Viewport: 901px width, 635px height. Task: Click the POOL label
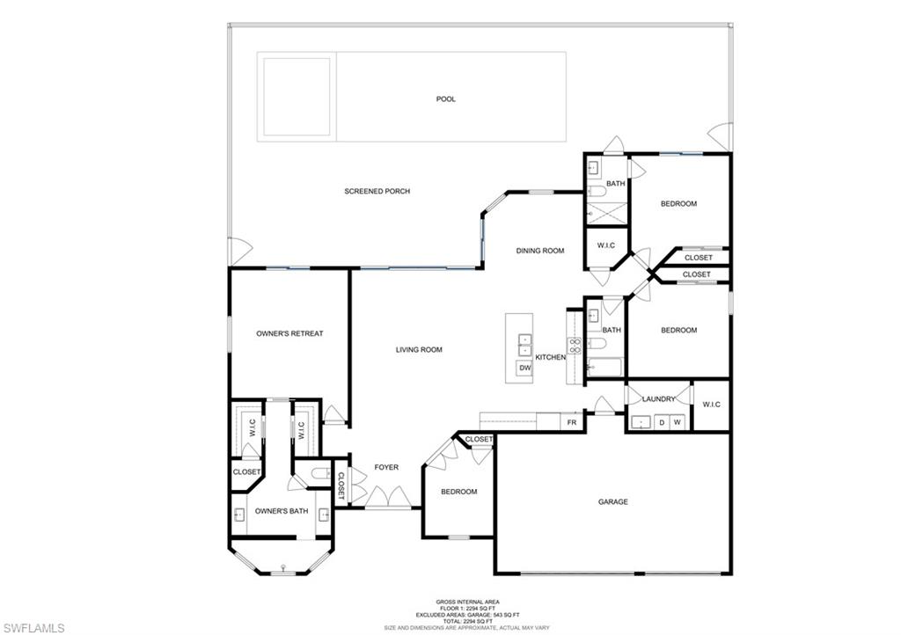tap(446, 99)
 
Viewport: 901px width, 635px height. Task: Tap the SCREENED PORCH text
tap(377, 191)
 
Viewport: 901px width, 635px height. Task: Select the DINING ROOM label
tap(539, 251)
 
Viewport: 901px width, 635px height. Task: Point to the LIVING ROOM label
tap(419, 350)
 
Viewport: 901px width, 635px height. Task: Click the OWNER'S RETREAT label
tap(289, 333)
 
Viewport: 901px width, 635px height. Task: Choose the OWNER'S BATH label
tap(282, 511)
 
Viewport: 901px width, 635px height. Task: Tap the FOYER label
tap(386, 467)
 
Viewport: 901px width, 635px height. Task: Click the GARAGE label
tap(613, 502)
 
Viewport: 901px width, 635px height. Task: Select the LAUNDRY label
tap(658, 399)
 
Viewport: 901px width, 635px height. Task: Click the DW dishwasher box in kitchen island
tap(524, 369)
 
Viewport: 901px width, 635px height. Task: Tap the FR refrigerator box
tap(572, 423)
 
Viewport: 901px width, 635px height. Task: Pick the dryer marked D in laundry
tap(662, 423)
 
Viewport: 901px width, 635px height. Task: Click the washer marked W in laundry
tap(678, 423)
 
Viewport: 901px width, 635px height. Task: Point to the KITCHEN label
tap(551, 357)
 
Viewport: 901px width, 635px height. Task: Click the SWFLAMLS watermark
tap(33, 627)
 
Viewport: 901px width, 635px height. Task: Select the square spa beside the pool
tap(297, 96)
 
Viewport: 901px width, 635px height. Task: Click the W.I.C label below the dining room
tap(605, 245)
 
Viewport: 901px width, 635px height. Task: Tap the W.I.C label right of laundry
tap(711, 405)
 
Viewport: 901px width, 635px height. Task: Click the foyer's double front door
tap(388, 500)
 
